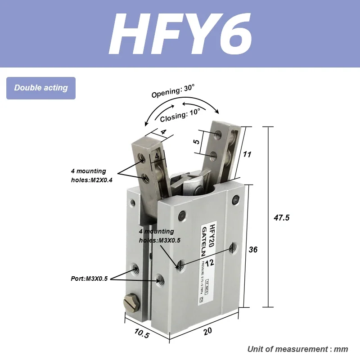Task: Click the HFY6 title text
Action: (x=180, y=33)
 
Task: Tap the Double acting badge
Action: (x=41, y=88)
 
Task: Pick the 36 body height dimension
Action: (x=253, y=249)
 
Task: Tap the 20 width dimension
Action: (x=207, y=331)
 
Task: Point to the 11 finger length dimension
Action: (x=247, y=154)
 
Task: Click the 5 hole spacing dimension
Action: (x=196, y=141)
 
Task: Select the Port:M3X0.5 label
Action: (x=89, y=279)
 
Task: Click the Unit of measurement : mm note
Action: (x=297, y=349)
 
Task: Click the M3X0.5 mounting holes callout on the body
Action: (x=159, y=236)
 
